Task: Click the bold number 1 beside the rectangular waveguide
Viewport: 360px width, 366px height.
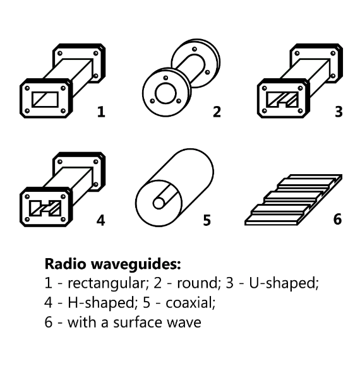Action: (x=101, y=112)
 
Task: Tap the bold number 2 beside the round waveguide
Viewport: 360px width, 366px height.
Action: (x=217, y=112)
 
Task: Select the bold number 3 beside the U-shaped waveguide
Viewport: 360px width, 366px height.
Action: (x=339, y=112)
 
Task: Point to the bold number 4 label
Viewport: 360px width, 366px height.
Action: (x=101, y=220)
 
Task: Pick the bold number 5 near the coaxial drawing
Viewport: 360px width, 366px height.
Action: (x=207, y=220)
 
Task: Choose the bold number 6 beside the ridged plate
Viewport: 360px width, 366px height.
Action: (x=337, y=219)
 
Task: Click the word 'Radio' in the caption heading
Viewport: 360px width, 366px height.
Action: (x=65, y=264)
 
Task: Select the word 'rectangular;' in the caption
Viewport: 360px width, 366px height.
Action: (x=108, y=283)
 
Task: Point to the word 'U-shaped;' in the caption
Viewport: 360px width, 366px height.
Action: (x=284, y=283)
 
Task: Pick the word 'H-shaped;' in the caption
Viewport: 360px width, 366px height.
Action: (x=102, y=303)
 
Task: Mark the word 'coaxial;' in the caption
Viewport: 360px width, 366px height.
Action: (x=190, y=303)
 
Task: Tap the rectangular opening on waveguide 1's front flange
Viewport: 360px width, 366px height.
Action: (x=45, y=100)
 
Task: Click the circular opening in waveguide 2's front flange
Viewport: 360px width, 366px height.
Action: (x=165, y=93)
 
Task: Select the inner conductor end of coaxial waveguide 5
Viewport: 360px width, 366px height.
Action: (x=159, y=203)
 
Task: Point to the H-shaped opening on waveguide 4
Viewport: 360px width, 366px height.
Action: (x=45, y=208)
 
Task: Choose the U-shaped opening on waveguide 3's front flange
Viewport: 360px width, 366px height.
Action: (x=282, y=100)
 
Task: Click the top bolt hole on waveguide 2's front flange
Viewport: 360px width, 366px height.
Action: (x=165, y=78)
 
